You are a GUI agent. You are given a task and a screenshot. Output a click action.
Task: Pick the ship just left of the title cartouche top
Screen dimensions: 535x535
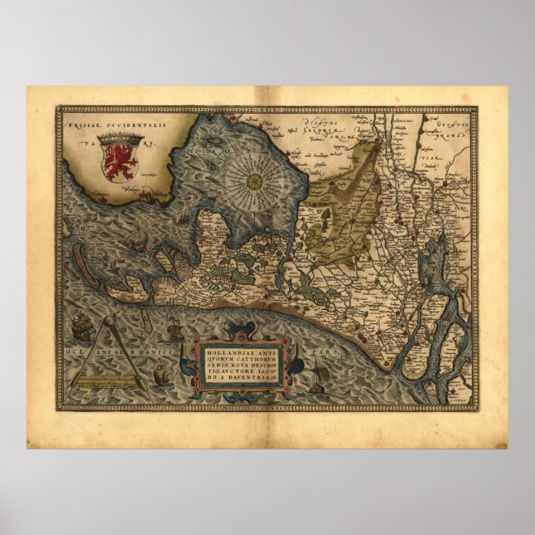174,331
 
